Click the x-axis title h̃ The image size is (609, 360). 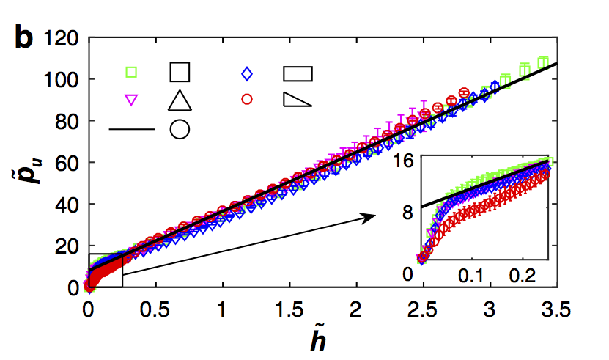[x=322, y=339]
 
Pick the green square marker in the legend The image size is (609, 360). [x=131, y=72]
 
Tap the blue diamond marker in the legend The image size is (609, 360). [x=247, y=73]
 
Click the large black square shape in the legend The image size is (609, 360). [x=180, y=72]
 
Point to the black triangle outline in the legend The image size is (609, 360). [x=180, y=100]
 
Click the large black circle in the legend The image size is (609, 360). [x=180, y=129]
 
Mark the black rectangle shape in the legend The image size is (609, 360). [x=298, y=73]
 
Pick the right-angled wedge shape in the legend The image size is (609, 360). [x=297, y=100]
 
